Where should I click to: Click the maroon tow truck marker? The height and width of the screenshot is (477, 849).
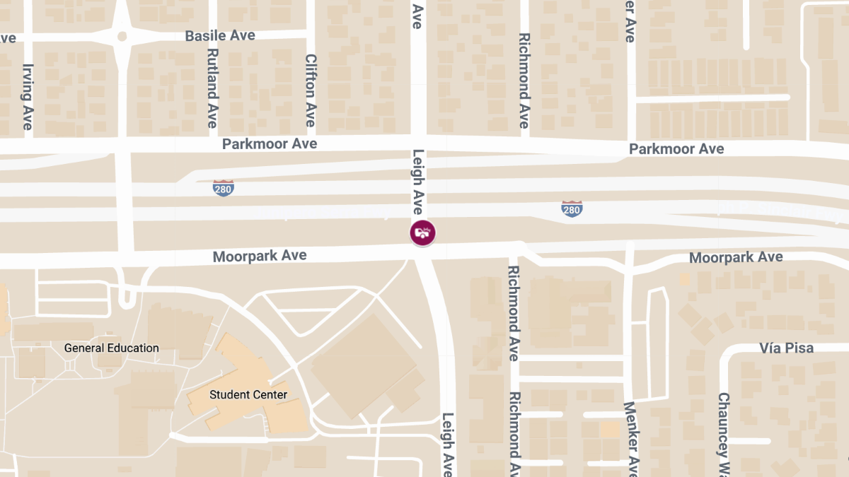tap(422, 232)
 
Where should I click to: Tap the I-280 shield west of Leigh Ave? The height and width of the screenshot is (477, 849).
tap(223, 188)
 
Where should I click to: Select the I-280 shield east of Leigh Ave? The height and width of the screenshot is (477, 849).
tap(572, 208)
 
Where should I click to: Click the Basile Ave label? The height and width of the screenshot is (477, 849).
tap(220, 35)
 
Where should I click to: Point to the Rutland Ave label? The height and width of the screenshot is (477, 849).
tap(212, 88)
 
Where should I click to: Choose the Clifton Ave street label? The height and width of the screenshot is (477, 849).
tap(310, 90)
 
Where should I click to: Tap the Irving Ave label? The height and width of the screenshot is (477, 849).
tap(28, 97)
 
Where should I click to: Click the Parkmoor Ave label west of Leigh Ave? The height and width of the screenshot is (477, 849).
tap(270, 144)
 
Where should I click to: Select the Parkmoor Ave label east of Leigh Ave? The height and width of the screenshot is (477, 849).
tap(676, 149)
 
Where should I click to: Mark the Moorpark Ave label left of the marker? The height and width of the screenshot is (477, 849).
tap(260, 255)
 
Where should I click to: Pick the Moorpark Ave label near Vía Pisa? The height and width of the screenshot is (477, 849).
tap(736, 257)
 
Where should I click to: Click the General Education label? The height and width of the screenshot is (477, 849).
tap(112, 348)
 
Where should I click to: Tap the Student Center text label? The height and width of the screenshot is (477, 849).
tap(248, 394)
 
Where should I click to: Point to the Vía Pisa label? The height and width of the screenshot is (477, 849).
tap(787, 348)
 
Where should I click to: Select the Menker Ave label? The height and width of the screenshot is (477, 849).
tap(630, 438)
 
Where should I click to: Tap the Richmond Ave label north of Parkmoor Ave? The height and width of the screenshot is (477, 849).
tap(524, 80)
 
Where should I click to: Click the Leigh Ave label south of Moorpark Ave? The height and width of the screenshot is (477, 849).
tap(448, 444)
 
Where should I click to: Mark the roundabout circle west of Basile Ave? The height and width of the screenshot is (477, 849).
tap(122, 36)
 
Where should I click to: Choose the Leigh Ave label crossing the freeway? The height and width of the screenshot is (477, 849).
tap(417, 182)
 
